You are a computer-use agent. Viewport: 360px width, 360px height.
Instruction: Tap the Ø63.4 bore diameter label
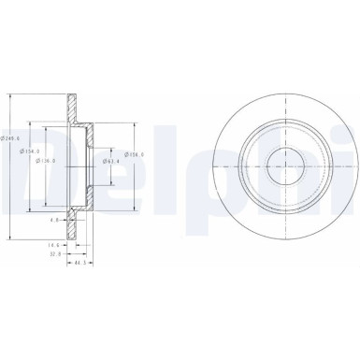113,161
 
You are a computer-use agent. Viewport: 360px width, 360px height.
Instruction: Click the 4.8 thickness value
56,220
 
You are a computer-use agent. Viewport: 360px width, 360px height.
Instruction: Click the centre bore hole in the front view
281,167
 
